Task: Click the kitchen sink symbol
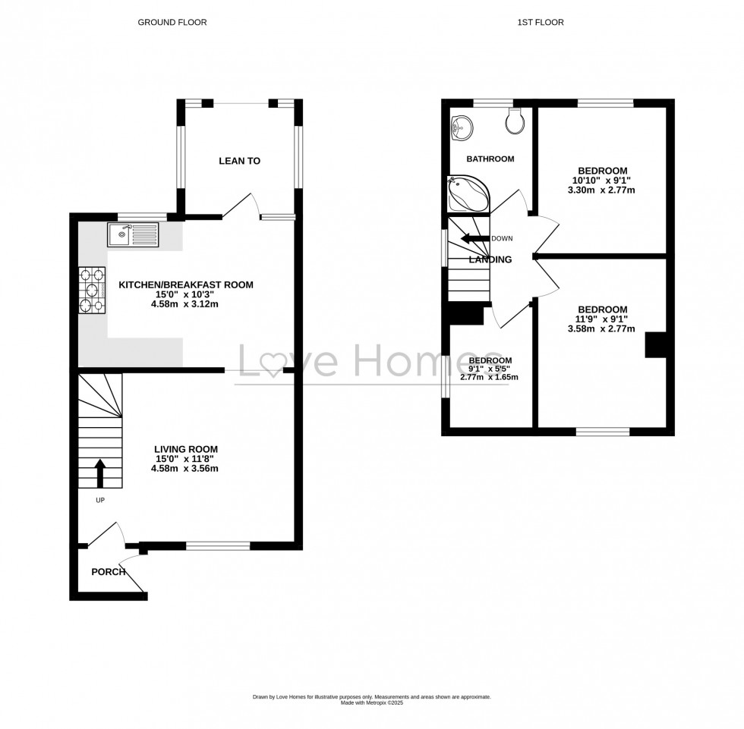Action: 133,234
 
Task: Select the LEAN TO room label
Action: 239,161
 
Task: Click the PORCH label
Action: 109,571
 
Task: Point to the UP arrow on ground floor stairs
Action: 99,473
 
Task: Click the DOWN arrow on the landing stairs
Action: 474,238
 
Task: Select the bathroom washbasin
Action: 461,128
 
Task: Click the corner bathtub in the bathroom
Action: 466,193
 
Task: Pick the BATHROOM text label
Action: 490,159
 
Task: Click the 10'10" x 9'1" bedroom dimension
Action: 602,180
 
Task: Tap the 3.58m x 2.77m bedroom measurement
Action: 602,328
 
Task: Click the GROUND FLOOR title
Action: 172,23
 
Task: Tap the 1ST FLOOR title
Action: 541,23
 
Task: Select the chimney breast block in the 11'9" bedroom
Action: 655,344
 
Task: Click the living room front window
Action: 219,545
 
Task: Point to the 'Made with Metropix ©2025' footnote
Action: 371,702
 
